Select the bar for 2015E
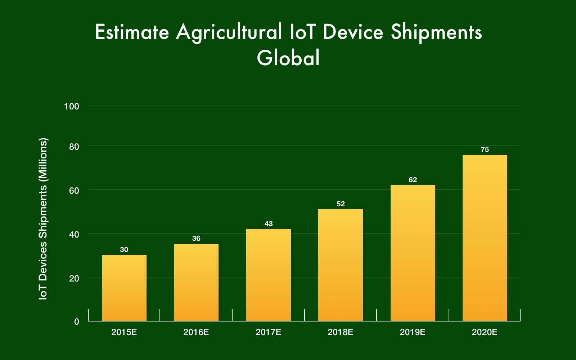pyautogui.click(x=124, y=288)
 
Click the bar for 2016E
pyautogui.click(x=196, y=283)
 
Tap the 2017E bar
pyautogui.click(x=269, y=275)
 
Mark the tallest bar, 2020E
pyautogui.click(x=485, y=238)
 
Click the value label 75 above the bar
pyautogui.click(x=485, y=150)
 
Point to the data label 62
pyautogui.click(x=413, y=180)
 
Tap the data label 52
pyautogui.click(x=341, y=204)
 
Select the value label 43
pyautogui.click(x=269, y=224)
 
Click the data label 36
pyautogui.click(x=196, y=239)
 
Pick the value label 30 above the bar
pyautogui.click(x=124, y=250)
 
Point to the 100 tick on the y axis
pyautogui.click(x=71, y=107)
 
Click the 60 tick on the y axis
pyautogui.click(x=74, y=190)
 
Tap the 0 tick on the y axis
pyautogui.click(x=76, y=322)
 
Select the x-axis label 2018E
pyautogui.click(x=341, y=332)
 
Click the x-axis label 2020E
pyautogui.click(x=485, y=332)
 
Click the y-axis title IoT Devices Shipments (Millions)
pyautogui.click(x=43, y=219)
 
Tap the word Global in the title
pyautogui.click(x=288, y=58)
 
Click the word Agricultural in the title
pyautogui.click(x=229, y=32)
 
